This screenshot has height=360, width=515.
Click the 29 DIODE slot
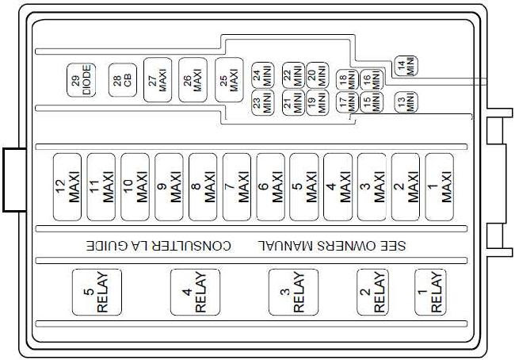[81, 80]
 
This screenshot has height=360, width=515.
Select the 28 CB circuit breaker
[123, 80]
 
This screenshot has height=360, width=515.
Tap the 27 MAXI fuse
[158, 80]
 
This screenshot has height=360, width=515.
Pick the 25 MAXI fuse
[229, 80]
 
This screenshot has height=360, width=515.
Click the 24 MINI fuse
[263, 75]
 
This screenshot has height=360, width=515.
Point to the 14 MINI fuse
[406, 66]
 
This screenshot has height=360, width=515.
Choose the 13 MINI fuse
[406, 102]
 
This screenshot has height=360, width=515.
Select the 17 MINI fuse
[347, 102]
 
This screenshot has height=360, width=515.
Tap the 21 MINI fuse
[294, 102]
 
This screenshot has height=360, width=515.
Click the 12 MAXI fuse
[67, 186]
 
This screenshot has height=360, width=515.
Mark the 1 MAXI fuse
[440, 186]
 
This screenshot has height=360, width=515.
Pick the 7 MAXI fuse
[237, 186]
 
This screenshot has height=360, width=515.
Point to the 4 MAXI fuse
[338, 186]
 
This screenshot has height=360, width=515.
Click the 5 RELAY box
[97, 292]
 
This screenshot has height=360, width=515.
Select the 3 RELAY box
[294, 292]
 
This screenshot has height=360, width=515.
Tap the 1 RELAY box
[430, 292]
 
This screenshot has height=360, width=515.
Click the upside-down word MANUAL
[283, 246]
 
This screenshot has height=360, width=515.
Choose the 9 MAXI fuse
[169, 186]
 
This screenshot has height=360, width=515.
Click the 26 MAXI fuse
[193, 80]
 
